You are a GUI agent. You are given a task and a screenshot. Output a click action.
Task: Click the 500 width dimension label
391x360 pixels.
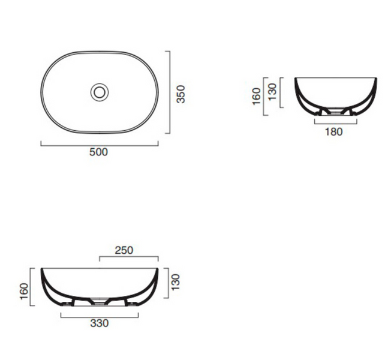pos(98,152)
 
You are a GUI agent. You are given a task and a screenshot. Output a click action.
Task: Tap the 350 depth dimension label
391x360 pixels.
pos(181,94)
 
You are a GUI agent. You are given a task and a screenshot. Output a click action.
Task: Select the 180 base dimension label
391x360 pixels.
pos(333,132)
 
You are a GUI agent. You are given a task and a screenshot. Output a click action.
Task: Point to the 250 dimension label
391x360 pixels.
pos(124,250)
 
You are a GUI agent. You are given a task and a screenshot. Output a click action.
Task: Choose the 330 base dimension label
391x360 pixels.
pos(100,323)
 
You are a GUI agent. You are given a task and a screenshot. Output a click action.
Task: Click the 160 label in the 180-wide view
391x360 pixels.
pos(256,97)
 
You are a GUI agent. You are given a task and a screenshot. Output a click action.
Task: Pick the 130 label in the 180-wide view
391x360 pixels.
pos(272,92)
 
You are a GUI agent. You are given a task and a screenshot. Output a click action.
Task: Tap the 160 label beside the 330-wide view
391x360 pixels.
pos(24,292)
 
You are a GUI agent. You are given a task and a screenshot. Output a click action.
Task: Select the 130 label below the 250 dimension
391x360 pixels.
pos(175,282)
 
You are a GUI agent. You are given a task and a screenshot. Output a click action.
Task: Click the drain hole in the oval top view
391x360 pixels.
pos(100,92)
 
